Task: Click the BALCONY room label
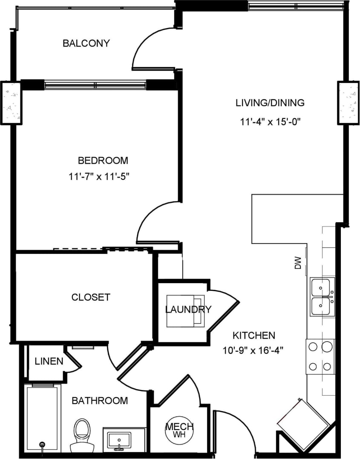tap(86, 43)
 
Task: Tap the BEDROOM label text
tap(103, 161)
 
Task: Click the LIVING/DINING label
tap(270, 103)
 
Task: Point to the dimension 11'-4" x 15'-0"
tap(270, 122)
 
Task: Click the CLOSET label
tap(90, 297)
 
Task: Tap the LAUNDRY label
tap(188, 310)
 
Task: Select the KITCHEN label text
tap(253, 335)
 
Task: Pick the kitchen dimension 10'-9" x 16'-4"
tap(253, 351)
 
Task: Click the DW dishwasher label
tap(298, 263)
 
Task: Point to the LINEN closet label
tap(49, 362)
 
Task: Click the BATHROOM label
tap(99, 401)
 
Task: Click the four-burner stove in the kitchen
tap(320, 356)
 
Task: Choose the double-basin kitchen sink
tap(322, 297)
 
